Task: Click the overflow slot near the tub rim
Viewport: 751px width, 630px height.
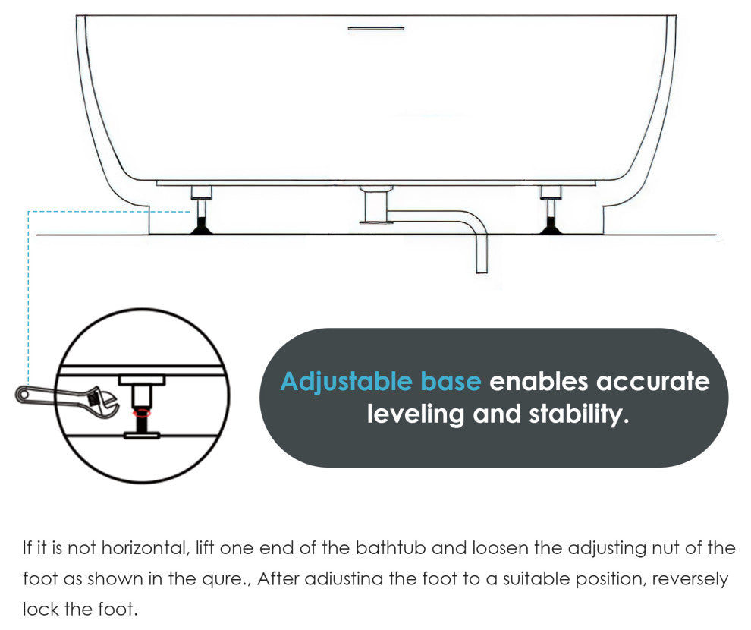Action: pos(376,28)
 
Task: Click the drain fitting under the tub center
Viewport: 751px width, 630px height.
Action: pos(376,205)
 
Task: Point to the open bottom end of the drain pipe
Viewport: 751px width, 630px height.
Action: pos(482,272)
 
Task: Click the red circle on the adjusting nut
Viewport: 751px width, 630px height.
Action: pos(142,412)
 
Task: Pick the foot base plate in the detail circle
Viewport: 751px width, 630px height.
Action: pos(142,435)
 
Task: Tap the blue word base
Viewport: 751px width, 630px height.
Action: pos(451,381)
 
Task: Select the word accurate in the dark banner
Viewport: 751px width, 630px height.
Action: pos(653,382)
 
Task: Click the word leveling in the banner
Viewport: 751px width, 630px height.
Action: pos(415,414)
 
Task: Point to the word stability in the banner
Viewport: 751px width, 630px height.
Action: pos(579,414)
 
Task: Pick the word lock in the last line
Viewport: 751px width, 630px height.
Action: pos(40,610)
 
